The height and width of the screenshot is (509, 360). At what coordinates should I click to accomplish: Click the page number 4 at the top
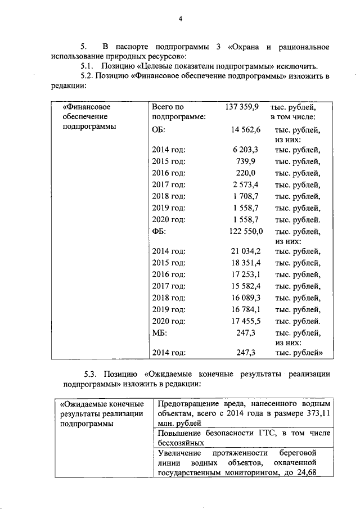click(x=181, y=20)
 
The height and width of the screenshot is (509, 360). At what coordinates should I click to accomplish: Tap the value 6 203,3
click(x=245, y=150)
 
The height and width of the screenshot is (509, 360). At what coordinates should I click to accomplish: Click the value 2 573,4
click(x=245, y=185)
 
